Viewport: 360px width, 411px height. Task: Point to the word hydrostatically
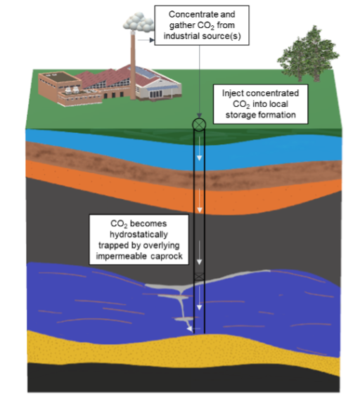(x=139, y=235)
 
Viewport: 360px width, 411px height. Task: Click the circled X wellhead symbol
(x=199, y=124)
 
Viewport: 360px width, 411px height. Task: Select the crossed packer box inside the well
(x=199, y=276)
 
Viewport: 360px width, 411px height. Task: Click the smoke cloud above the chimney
(x=139, y=22)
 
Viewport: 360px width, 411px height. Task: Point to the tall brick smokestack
(x=133, y=65)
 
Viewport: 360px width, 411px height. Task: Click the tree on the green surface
(x=308, y=53)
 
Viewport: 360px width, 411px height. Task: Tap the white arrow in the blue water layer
(x=199, y=149)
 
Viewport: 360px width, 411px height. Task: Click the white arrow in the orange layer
(x=200, y=200)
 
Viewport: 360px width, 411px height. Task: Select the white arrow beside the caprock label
(x=200, y=252)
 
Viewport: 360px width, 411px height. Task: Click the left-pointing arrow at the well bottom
(x=193, y=329)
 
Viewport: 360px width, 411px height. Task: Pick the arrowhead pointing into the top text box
(x=152, y=40)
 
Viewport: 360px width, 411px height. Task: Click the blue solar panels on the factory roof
(x=144, y=72)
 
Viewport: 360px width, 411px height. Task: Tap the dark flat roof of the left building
(x=58, y=77)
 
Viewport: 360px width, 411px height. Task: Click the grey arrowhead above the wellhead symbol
(x=200, y=116)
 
